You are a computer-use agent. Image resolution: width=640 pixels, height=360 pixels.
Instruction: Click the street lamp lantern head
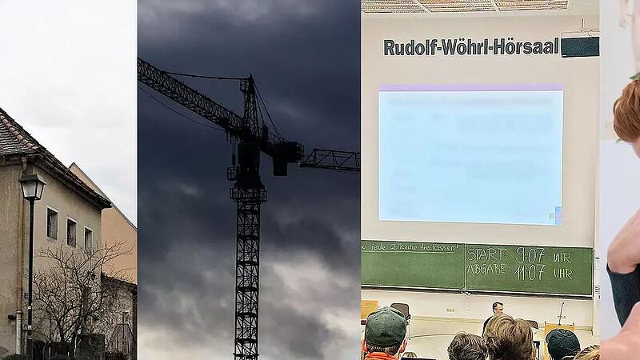(x=32, y=186)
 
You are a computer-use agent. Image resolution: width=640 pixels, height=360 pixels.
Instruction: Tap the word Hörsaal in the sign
(x=526, y=46)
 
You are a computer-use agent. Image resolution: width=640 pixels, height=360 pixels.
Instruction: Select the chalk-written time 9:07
(x=530, y=255)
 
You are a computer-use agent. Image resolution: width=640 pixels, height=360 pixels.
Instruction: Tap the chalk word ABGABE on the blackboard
(x=489, y=271)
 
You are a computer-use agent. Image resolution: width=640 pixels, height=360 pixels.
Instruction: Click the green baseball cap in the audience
(x=385, y=327)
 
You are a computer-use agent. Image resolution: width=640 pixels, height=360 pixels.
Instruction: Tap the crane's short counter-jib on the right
(x=330, y=159)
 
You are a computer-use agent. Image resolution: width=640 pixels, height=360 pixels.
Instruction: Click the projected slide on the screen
(x=470, y=156)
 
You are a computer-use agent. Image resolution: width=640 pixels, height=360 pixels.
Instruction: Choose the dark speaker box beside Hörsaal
(x=579, y=46)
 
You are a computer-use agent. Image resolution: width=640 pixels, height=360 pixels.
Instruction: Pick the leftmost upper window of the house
(x=52, y=224)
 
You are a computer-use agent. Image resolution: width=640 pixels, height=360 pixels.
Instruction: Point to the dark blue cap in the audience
(x=563, y=343)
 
